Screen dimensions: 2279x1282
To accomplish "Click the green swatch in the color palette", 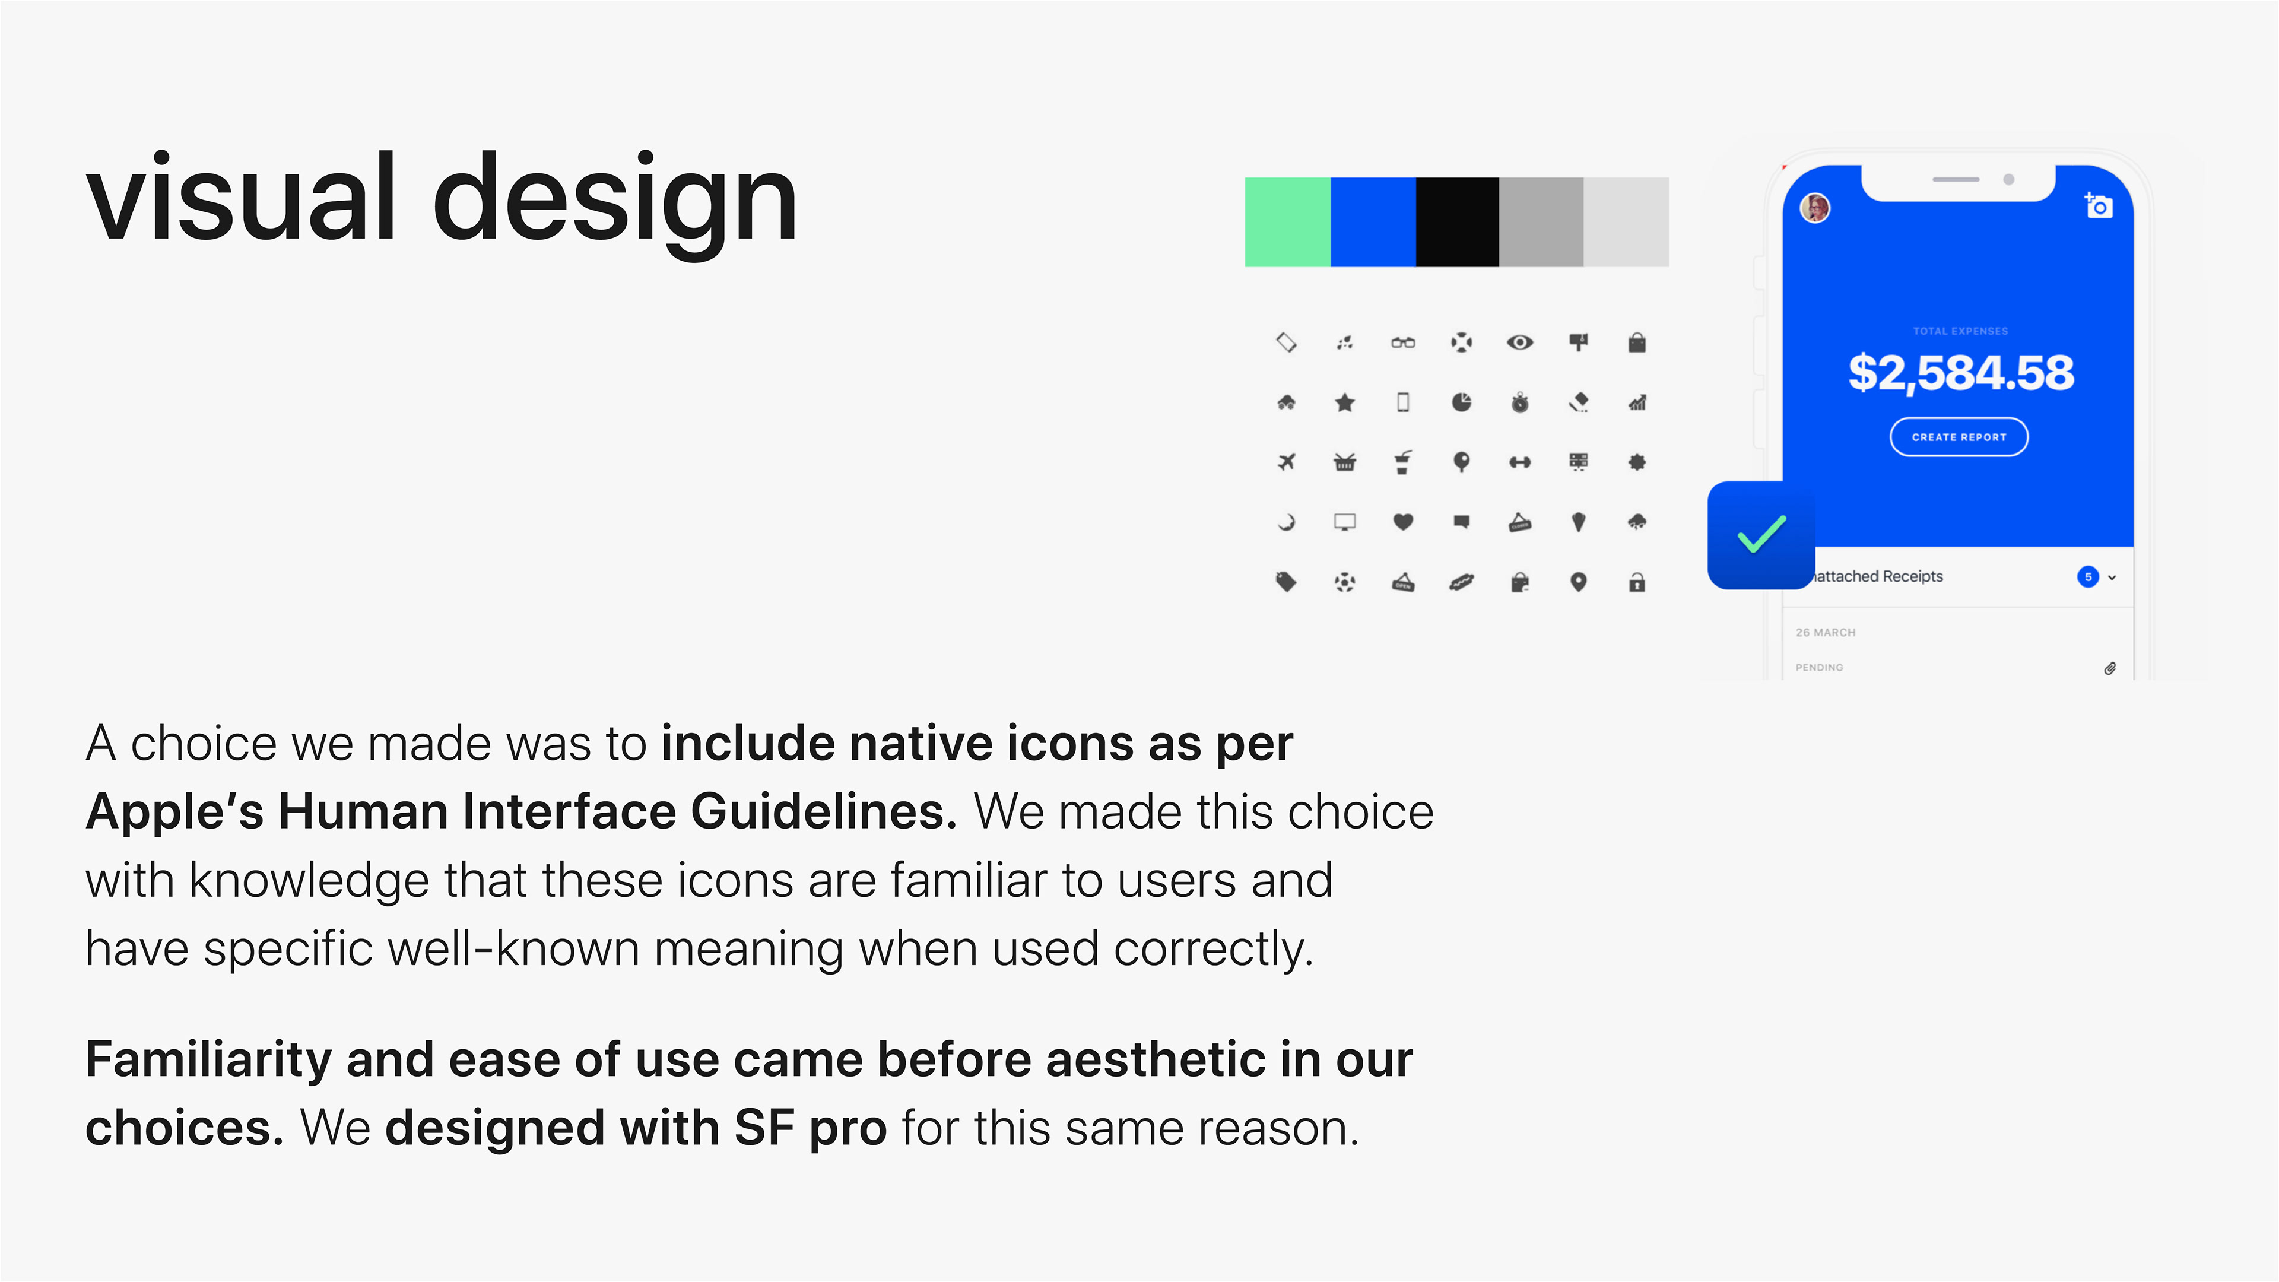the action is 1287,222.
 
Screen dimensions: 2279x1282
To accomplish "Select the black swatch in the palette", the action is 1457,222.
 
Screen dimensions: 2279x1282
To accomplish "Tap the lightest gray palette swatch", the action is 1626,222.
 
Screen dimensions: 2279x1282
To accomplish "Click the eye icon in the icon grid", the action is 1520,342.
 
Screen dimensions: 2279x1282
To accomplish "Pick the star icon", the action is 1345,402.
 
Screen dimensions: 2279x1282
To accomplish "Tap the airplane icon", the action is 1286,462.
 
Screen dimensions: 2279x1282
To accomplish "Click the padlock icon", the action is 1637,581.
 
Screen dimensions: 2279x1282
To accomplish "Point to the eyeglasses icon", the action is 1403,342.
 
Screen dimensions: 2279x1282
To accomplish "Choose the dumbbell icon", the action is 1520,462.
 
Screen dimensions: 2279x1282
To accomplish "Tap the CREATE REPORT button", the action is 1959,437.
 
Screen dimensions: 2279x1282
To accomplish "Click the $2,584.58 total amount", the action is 1960,373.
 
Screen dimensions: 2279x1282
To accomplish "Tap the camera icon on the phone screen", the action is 2099,206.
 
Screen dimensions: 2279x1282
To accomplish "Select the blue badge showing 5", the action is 2088,577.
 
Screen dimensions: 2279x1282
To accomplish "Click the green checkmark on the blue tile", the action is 1761,534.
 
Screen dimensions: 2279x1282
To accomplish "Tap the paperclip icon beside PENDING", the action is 2110,668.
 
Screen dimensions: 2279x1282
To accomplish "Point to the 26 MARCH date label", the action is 1825,633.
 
